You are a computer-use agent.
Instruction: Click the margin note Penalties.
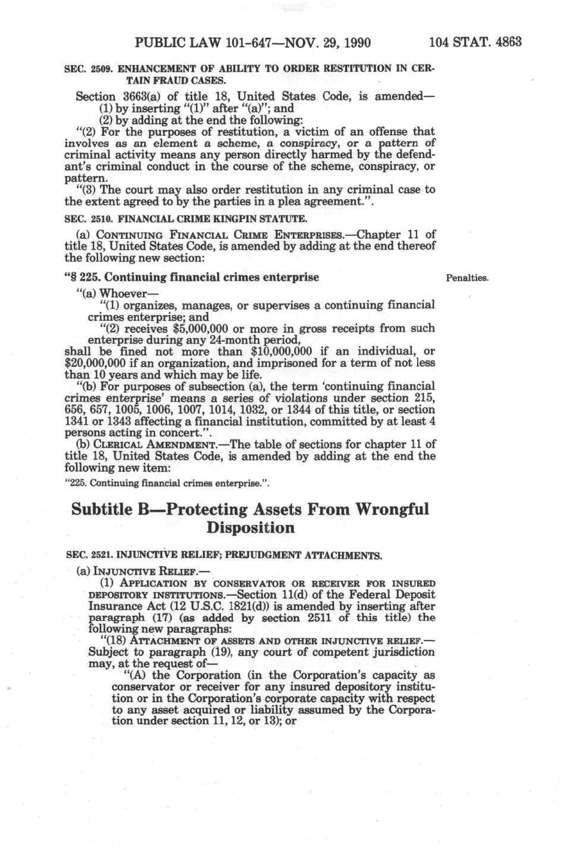(467, 278)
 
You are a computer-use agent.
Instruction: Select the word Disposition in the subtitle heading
(251, 528)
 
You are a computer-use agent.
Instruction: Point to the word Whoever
(123, 293)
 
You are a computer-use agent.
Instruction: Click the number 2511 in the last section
(317, 618)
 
